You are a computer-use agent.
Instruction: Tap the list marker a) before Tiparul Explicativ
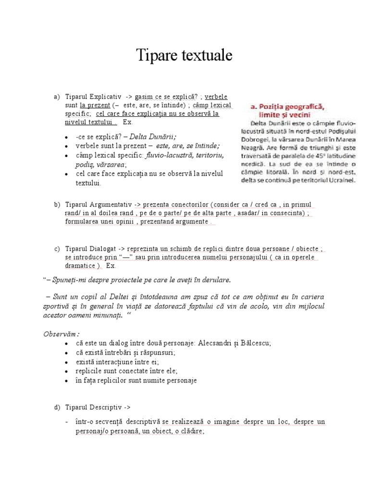(x=56, y=97)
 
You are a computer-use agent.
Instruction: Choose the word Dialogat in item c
(x=102, y=248)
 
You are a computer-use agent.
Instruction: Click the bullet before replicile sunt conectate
(x=66, y=371)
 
